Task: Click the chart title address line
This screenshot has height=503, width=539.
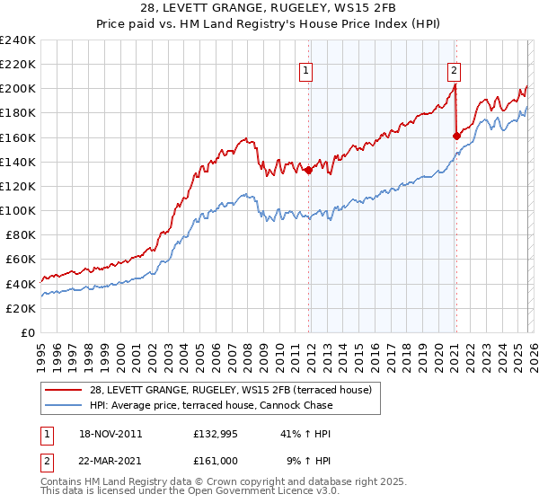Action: coord(269,8)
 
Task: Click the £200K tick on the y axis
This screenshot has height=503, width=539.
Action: coord(17,89)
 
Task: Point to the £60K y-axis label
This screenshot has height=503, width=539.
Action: coord(20,260)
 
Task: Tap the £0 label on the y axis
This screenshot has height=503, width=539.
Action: coord(27,332)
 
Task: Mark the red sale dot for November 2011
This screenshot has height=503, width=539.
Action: coord(309,169)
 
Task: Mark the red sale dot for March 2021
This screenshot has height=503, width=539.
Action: coord(456,136)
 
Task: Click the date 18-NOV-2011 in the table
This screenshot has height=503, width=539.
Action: coord(110,434)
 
